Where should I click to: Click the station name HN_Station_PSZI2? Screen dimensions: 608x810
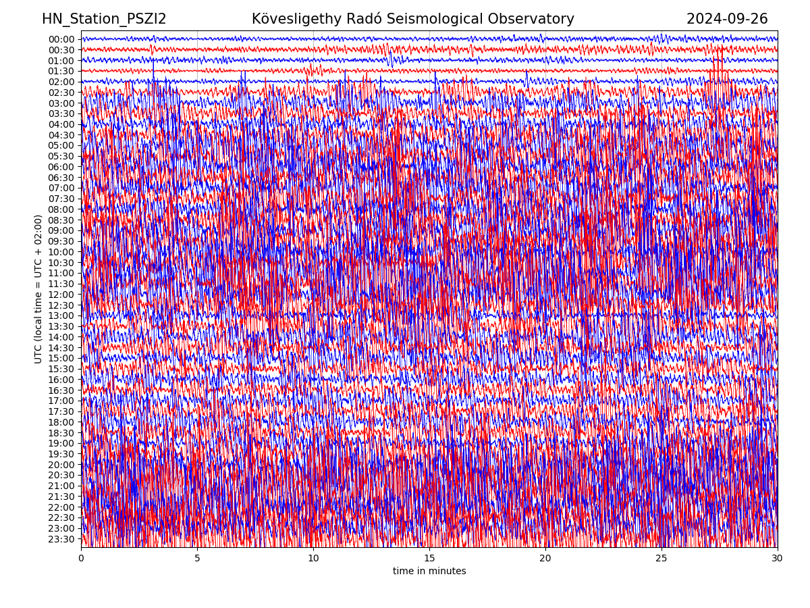104,19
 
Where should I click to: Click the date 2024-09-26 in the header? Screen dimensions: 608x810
727,19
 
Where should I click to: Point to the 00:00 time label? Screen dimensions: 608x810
61,39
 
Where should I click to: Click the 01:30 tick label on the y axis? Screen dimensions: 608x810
61,71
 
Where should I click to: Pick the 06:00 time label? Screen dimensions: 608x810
61,167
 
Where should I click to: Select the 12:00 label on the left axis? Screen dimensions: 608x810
61,295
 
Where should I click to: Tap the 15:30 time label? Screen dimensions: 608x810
61,369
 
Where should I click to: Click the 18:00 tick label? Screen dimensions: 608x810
61,422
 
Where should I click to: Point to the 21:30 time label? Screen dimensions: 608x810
61,497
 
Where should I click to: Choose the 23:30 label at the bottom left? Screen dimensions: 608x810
61,539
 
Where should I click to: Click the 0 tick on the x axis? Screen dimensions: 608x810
81,559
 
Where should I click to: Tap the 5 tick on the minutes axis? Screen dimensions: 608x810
197,559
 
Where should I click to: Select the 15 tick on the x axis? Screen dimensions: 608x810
429,559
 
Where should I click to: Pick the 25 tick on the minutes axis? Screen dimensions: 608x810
661,559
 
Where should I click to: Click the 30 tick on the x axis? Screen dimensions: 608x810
778,559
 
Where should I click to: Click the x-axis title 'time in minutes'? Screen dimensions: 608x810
429,572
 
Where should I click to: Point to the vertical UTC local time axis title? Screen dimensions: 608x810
38,289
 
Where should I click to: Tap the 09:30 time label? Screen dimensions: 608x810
61,241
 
